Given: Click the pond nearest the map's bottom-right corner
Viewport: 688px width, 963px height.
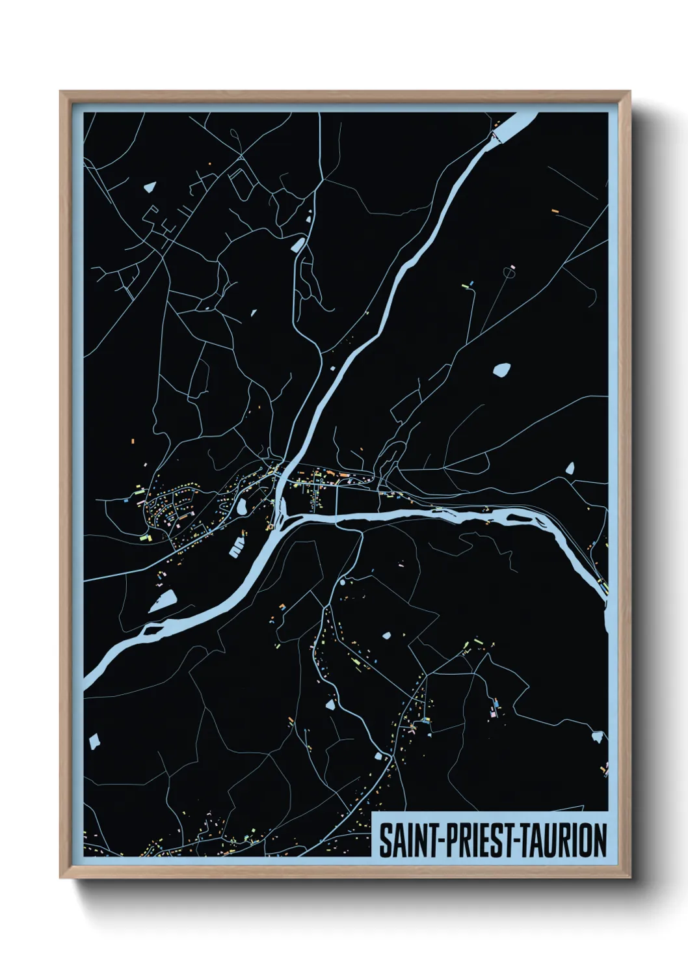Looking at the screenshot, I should click(x=597, y=737).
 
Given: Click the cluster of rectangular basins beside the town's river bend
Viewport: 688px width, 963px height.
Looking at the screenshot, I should click(x=237, y=547).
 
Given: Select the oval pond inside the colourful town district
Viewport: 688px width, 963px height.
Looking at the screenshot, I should click(x=241, y=505).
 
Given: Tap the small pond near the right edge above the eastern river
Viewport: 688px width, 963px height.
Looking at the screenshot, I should click(x=570, y=468).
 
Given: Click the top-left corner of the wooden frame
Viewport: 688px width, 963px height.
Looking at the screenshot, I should click(x=60, y=92).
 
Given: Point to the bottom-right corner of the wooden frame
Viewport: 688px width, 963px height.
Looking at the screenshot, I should click(x=629, y=877).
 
